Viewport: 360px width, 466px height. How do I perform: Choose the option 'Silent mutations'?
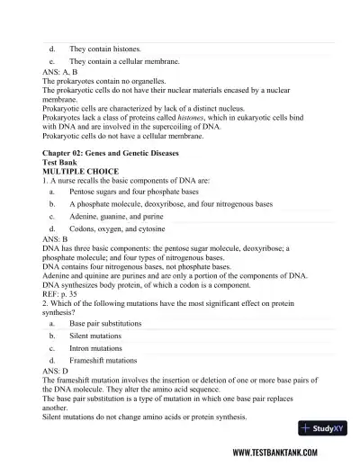tap(94, 336)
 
